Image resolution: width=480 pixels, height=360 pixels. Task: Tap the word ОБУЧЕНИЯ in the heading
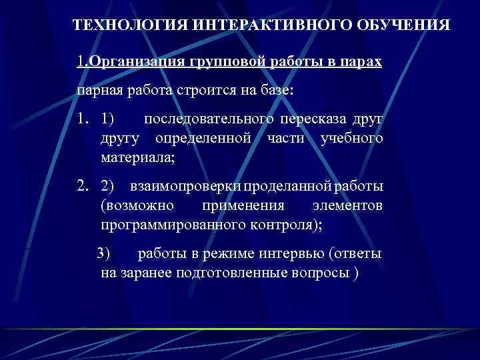[404, 25]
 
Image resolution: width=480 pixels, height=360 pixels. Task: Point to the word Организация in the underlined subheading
[129, 62]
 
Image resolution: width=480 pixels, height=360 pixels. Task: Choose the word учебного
[351, 139]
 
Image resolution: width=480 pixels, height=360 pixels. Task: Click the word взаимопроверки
[188, 187]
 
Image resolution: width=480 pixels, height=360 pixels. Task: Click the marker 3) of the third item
[105, 253]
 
